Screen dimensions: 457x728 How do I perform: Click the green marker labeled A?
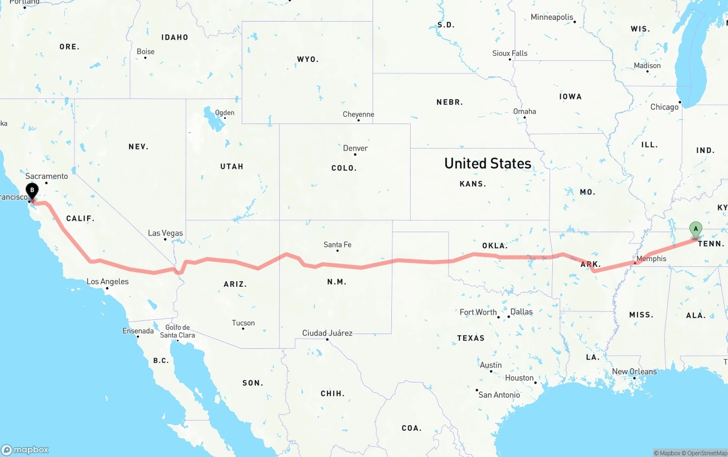tap(695, 229)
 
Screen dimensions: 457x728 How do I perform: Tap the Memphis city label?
tap(651, 258)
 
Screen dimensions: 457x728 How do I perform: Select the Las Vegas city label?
tap(166, 233)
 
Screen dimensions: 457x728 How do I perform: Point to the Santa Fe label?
tap(337, 245)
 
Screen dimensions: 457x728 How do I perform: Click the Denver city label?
tap(355, 148)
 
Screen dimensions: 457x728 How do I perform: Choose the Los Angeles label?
tap(107, 281)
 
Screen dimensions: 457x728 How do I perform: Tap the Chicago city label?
tap(664, 107)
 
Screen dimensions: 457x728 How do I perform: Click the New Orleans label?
tap(634, 372)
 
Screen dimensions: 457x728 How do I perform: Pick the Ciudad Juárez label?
tap(327, 333)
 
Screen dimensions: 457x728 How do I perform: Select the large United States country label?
tap(487, 163)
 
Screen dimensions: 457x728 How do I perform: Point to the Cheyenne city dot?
tap(358, 121)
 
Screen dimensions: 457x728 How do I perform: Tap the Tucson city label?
tap(243, 323)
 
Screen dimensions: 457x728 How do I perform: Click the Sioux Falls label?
tap(510, 53)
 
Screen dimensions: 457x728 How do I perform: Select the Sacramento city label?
tap(47, 176)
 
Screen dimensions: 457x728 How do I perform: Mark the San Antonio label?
tap(499, 394)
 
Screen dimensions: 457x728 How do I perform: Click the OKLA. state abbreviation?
tap(494, 245)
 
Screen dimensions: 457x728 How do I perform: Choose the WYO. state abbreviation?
tap(308, 59)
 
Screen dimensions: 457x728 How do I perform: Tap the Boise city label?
tap(146, 51)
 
